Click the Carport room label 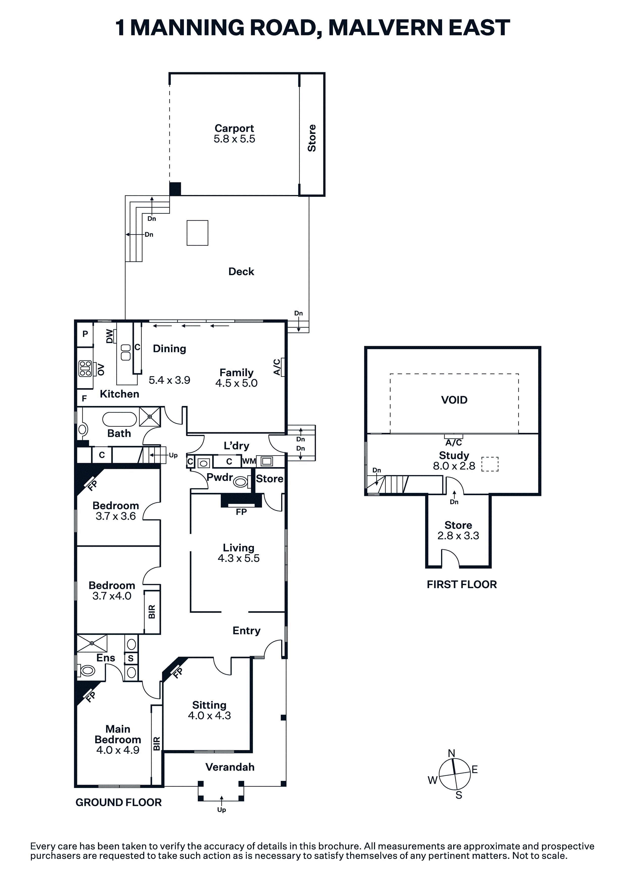pyautogui.click(x=234, y=129)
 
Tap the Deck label pyautogui.click(x=241, y=272)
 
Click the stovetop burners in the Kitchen pyautogui.click(x=85, y=368)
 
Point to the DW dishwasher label pyautogui.click(x=110, y=336)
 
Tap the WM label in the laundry pyautogui.click(x=249, y=461)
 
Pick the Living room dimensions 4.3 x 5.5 pyautogui.click(x=238, y=558)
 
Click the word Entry pyautogui.click(x=246, y=631)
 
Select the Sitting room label pyautogui.click(x=209, y=705)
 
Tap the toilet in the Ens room pyautogui.click(x=87, y=671)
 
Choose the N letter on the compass pyautogui.click(x=451, y=753)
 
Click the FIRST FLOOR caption pyautogui.click(x=462, y=585)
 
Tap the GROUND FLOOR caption pyautogui.click(x=118, y=803)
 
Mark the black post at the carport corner pyautogui.click(x=175, y=189)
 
